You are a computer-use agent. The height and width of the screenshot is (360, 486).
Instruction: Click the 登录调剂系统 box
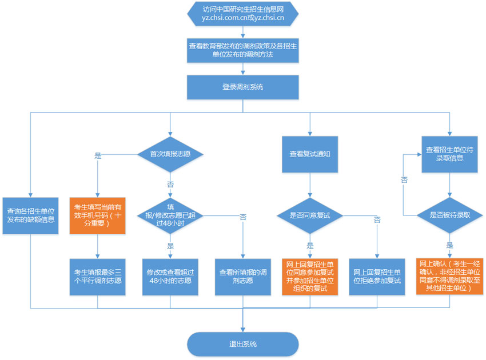pyautogui.click(x=243, y=87)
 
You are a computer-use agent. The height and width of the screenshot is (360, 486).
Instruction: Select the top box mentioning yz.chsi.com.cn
pyautogui.click(x=243, y=14)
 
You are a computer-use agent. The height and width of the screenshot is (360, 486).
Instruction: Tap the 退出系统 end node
pyautogui.click(x=243, y=344)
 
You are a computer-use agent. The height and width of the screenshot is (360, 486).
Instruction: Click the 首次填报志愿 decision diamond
pyautogui.click(x=170, y=154)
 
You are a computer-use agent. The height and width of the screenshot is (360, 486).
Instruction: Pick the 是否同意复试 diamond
pyautogui.click(x=310, y=215)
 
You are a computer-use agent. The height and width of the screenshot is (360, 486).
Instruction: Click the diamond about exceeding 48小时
pyautogui.click(x=170, y=215)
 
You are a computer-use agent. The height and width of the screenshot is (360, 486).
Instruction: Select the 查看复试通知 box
pyautogui.click(x=310, y=154)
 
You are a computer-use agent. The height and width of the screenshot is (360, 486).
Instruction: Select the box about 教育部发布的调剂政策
pyautogui.click(x=243, y=51)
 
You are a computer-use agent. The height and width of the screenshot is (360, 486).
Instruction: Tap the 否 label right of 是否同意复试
pyautogui.click(x=377, y=219)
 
